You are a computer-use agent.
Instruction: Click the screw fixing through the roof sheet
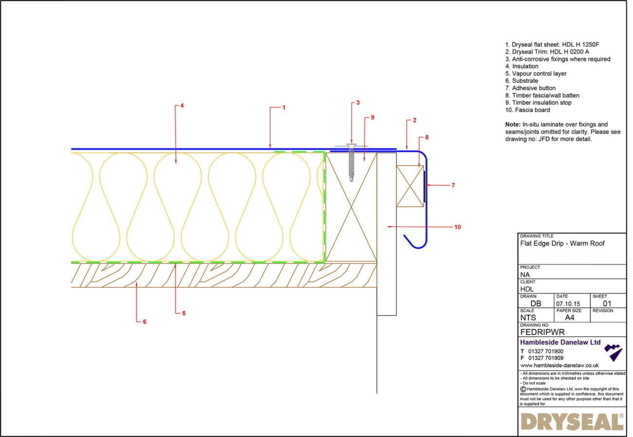351,162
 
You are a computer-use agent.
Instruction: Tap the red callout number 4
182,105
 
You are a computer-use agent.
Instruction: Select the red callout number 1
284,107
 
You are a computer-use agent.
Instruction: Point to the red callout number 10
457,227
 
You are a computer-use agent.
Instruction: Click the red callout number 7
453,185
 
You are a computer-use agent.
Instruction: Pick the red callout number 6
145,321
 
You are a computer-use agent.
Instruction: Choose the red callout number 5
184,314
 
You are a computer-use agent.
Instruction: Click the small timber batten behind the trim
410,186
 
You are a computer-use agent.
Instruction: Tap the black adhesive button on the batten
425,186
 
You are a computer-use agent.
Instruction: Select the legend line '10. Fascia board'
527,110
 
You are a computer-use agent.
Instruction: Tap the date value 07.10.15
568,303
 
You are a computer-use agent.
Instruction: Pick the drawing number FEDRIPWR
542,332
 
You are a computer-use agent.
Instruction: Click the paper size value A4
569,317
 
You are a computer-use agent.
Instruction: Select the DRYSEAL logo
572,421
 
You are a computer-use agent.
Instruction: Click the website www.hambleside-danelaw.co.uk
559,365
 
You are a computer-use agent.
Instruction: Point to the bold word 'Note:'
513,124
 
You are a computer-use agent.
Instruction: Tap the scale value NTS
528,317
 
